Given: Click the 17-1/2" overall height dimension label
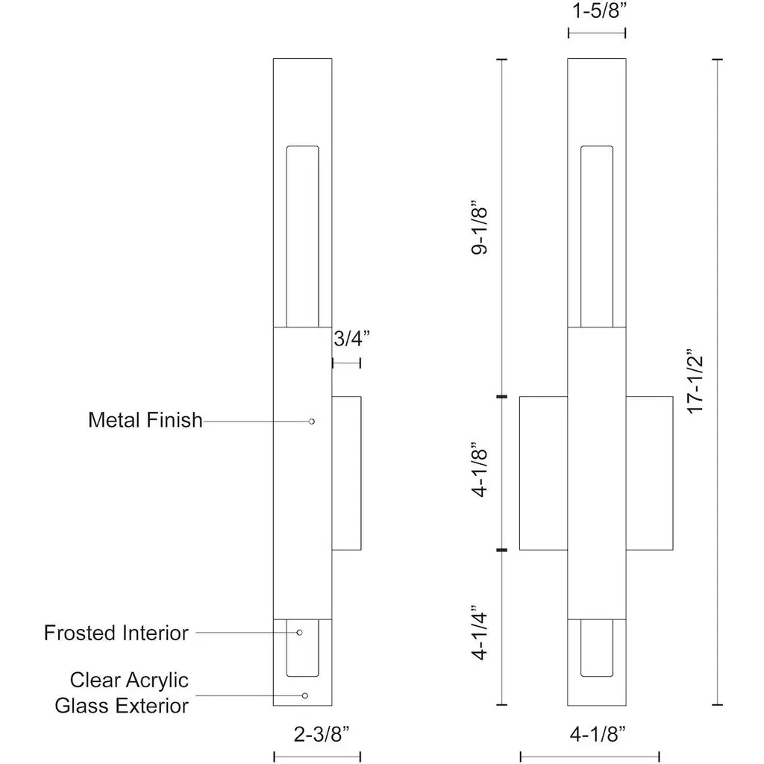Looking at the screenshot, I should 696,381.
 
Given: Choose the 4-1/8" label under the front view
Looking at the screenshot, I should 597,733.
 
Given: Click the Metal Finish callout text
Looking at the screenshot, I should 145,420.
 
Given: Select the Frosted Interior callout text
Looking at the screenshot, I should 116,633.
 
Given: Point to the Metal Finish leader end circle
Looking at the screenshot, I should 312,422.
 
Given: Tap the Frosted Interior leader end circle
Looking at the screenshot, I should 300,633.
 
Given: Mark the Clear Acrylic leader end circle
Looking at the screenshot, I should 304,695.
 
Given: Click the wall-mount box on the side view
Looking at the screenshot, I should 346,474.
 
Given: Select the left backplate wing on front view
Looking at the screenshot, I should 543,474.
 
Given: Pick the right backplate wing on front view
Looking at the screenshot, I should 649,474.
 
